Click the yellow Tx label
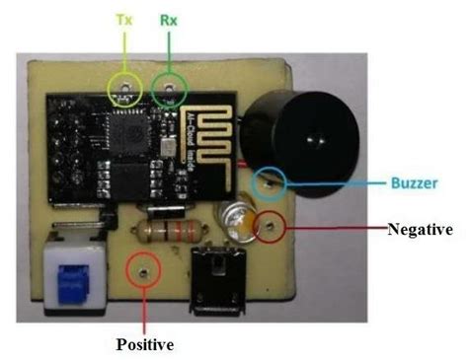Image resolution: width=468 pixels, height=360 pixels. click(124, 19)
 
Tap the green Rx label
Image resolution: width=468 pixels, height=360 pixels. click(169, 19)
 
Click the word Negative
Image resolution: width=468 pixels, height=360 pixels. click(420, 229)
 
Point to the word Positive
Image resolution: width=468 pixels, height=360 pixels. click(146, 345)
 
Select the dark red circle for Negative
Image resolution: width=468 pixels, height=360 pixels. click(268, 229)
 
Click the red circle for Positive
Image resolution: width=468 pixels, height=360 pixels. click(145, 268)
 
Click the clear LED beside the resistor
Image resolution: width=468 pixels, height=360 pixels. click(237, 218)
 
